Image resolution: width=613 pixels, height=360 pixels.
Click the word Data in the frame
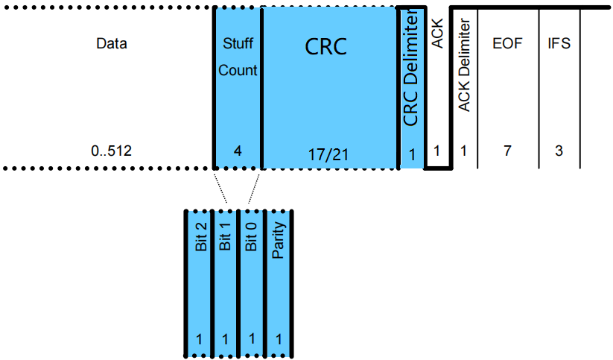(112, 43)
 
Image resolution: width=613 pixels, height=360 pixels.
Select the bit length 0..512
(111, 151)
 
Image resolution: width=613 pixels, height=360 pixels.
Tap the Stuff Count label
(238, 57)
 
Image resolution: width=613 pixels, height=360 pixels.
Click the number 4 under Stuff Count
(238, 151)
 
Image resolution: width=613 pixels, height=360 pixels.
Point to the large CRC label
(326, 46)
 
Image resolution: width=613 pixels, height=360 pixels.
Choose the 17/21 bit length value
(328, 154)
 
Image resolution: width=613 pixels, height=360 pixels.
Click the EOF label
(507, 43)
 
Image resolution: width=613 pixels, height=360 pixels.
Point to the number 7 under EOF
(507, 151)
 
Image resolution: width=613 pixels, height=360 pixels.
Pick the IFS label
(558, 43)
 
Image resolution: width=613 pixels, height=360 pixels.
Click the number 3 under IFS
(558, 151)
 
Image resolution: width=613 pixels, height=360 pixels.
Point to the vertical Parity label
(279, 243)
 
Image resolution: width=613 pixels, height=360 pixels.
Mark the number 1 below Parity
(279, 339)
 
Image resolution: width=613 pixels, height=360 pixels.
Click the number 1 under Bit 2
(199, 339)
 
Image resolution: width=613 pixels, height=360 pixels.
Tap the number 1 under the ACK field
(436, 151)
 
